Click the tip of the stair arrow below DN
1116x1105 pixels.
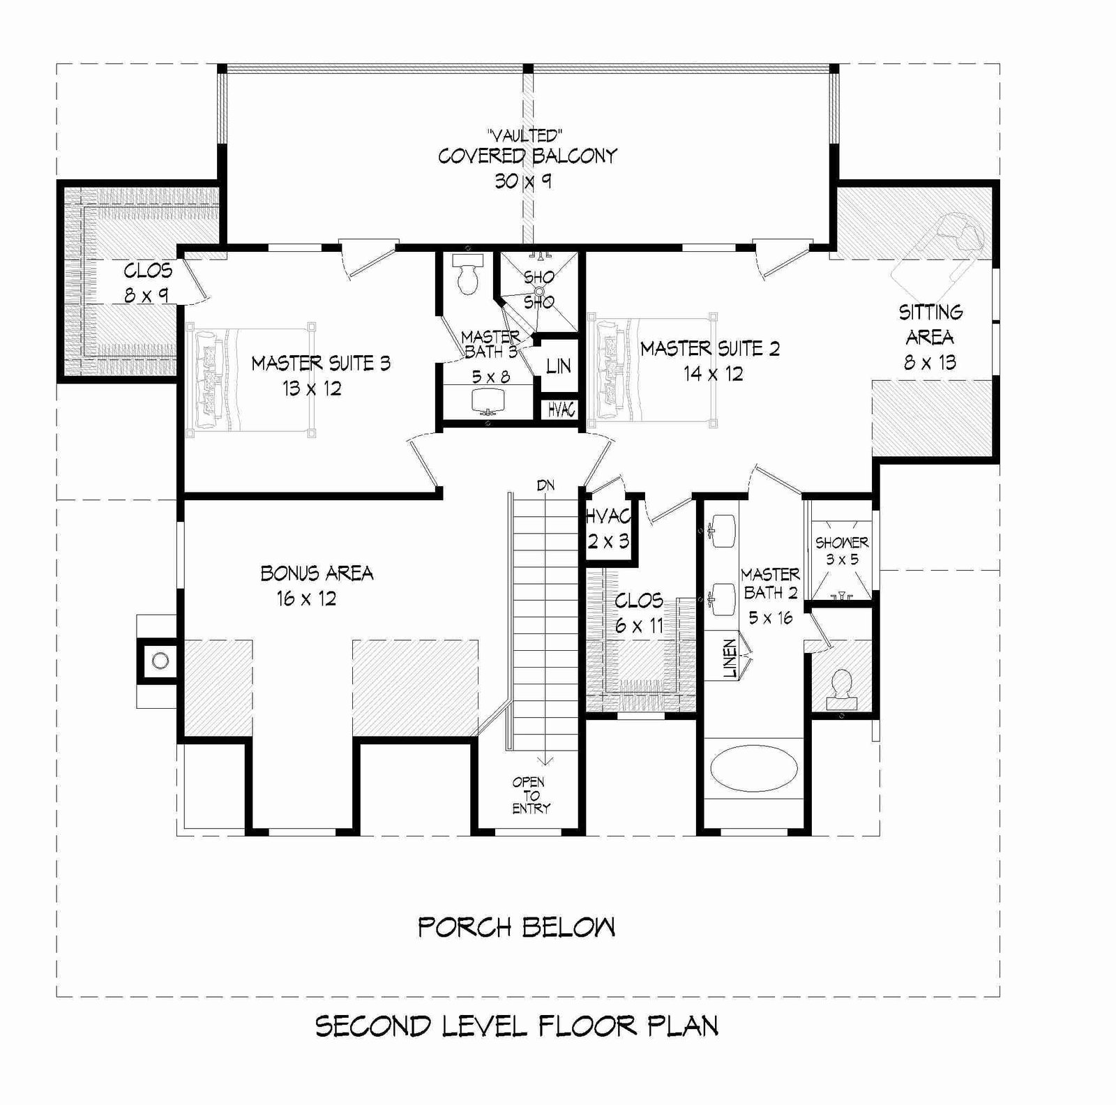point(545,765)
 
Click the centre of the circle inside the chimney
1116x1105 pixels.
point(160,661)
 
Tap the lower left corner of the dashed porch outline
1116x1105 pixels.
point(56,996)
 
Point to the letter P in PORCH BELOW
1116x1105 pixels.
point(427,927)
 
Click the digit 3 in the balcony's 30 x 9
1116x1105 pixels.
point(501,181)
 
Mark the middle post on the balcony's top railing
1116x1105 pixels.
point(528,68)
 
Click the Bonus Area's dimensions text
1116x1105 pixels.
point(306,599)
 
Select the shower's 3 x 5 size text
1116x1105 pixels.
point(842,559)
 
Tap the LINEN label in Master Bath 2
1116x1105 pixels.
point(730,659)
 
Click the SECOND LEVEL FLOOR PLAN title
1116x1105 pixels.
point(517,1026)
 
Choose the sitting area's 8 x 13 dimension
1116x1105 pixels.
point(930,363)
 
